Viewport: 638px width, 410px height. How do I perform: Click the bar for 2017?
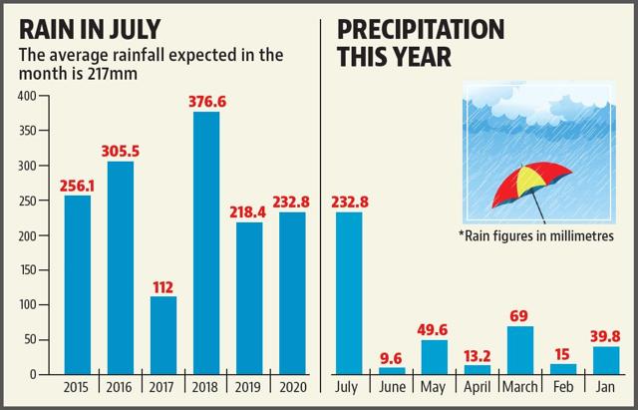[x=163, y=335]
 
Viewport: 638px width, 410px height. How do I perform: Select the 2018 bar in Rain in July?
[x=206, y=243]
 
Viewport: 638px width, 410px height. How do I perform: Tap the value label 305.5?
[x=121, y=152]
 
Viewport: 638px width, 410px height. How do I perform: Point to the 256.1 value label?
[x=78, y=187]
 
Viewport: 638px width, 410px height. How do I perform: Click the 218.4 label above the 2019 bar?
[x=248, y=212]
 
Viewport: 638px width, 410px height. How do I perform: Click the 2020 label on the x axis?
[x=293, y=387]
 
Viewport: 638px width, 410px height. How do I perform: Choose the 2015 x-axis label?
[x=76, y=387]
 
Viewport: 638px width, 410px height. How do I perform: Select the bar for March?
[x=520, y=350]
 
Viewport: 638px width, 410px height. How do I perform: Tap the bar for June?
[x=392, y=371]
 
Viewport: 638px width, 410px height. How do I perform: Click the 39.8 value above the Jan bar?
[x=605, y=337]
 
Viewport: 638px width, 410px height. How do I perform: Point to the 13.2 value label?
[x=478, y=356]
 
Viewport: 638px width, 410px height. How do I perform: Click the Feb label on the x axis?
[x=563, y=387]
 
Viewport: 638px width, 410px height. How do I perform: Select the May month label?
[x=433, y=387]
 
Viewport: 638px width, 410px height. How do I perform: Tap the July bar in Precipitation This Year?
[x=349, y=293]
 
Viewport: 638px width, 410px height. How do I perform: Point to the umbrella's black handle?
[x=538, y=207]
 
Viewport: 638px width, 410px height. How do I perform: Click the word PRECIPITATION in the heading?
[x=421, y=29]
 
